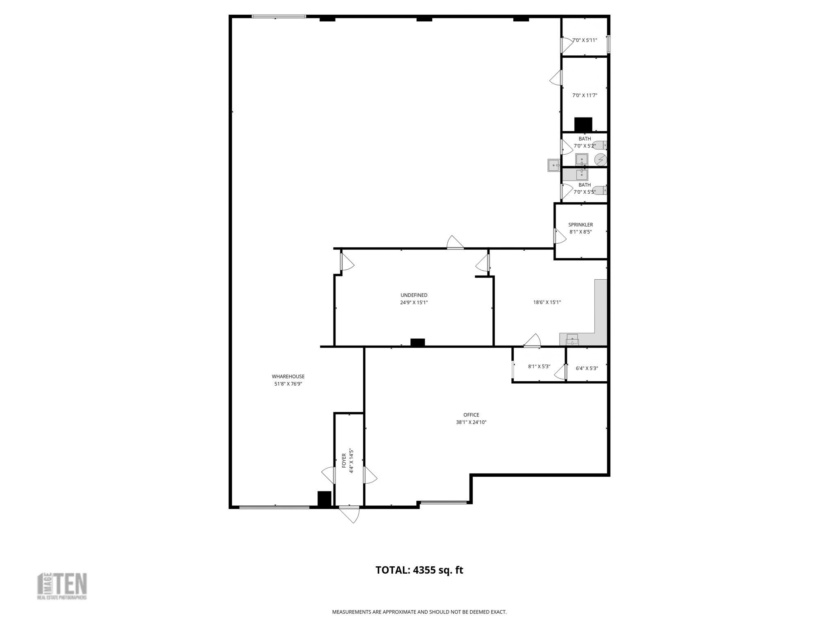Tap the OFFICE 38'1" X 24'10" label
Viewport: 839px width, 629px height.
[471, 419]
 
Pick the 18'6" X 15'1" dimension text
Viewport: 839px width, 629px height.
[547, 302]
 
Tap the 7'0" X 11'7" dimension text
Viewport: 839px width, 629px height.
[585, 95]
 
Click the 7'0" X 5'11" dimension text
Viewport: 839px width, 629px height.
[585, 40]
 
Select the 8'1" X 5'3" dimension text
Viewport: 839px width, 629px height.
[539, 367]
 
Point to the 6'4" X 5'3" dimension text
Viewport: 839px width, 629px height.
[587, 368]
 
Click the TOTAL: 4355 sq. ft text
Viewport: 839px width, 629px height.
[419, 570]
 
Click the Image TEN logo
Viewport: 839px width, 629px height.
[62, 586]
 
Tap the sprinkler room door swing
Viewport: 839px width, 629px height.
[560, 236]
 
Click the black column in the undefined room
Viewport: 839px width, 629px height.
[417, 342]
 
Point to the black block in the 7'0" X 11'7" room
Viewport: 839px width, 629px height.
[583, 124]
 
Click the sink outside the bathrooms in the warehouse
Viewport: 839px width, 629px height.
[554, 165]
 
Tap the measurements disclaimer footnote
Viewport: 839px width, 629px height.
[419, 612]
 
